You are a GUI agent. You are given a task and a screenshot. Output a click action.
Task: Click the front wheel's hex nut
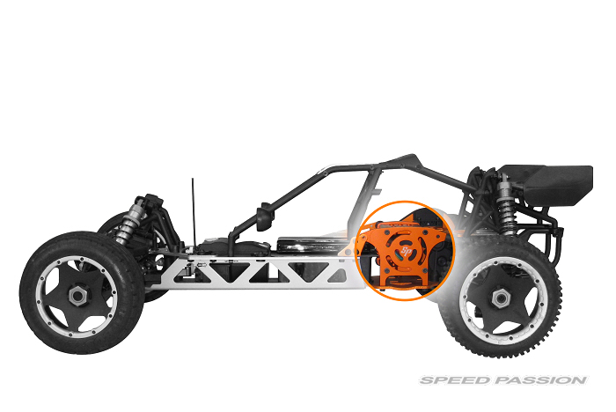[x=78, y=296]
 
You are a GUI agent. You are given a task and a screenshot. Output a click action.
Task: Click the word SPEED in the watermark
[x=456, y=380]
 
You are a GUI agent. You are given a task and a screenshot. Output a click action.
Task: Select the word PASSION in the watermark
[x=540, y=380]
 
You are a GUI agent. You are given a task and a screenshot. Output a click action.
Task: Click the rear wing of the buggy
[x=550, y=184]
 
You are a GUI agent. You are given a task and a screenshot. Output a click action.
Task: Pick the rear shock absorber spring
[x=506, y=209]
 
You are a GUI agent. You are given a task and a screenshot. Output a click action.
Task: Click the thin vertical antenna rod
[x=194, y=213]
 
